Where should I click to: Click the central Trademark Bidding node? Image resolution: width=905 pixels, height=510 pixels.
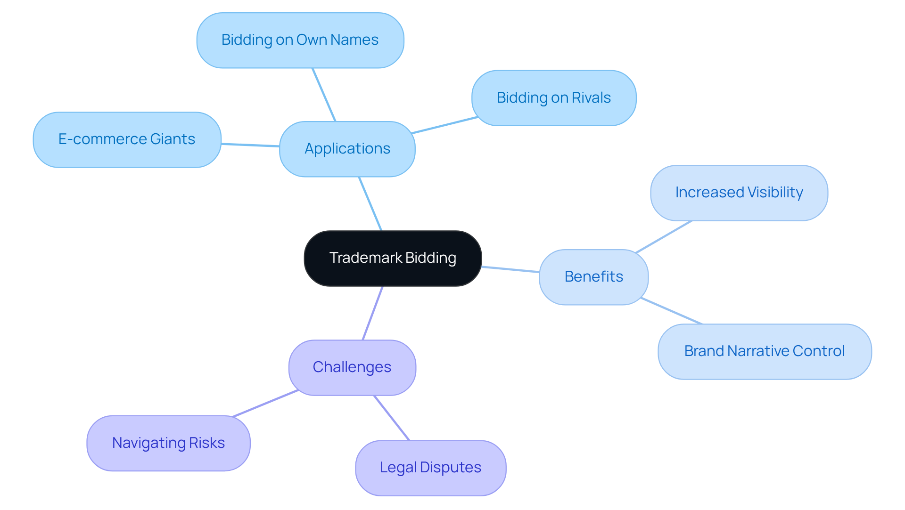point(393,258)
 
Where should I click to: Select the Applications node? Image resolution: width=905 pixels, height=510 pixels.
point(347,149)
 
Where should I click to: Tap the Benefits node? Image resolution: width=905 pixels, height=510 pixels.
point(593,277)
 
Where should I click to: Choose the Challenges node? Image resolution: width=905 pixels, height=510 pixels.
point(352,367)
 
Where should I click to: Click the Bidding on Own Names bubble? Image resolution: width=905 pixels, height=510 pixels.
point(300,40)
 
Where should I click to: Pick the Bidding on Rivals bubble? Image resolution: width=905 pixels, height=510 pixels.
point(554,98)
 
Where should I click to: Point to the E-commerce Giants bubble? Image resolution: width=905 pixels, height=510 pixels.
point(127,139)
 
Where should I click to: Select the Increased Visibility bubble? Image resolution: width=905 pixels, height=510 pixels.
point(739,193)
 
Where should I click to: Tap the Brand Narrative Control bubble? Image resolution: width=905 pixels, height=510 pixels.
point(764,351)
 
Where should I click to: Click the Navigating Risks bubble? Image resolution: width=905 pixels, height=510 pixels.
point(168,443)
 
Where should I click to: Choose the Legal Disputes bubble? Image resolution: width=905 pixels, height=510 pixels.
point(430,468)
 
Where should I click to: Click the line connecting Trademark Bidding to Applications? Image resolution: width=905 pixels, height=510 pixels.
point(370,203)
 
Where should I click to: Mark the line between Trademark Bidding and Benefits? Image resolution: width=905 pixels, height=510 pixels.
point(510,269)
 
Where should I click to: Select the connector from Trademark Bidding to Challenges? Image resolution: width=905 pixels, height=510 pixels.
point(372,313)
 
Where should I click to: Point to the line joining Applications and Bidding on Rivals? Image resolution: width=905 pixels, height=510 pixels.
point(444,125)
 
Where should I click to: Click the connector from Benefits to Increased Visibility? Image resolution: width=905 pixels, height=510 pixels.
point(664,237)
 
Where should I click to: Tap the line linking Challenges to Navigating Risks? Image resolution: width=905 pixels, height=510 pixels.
point(265,404)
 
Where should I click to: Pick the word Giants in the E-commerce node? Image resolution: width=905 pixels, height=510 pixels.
point(173,139)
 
